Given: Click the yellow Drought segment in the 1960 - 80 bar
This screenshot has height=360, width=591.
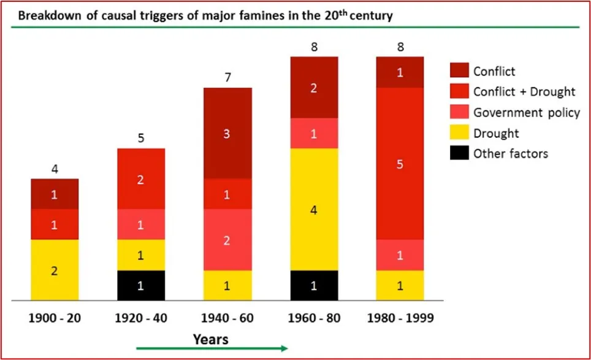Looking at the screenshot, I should point(315,209).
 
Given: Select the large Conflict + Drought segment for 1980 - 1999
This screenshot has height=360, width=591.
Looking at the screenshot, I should point(399,163).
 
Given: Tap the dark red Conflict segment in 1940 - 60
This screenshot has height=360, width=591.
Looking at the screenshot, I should point(227,133).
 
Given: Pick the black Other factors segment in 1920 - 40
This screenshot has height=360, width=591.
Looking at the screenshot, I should point(141,285).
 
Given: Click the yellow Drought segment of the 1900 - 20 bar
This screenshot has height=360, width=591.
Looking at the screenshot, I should point(55,270).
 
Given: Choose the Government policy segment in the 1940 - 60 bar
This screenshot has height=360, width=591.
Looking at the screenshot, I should point(227,240).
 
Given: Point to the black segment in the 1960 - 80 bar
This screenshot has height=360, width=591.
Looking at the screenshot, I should point(315,285).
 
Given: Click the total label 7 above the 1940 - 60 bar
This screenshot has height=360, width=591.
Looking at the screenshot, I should point(227,78).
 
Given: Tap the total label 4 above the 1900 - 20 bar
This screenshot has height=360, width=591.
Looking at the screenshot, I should point(55,169).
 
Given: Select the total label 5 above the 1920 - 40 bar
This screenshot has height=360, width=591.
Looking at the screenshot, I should point(141,139).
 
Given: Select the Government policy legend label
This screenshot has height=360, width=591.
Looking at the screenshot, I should point(526,112).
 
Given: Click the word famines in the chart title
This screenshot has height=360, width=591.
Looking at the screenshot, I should point(264,16).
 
